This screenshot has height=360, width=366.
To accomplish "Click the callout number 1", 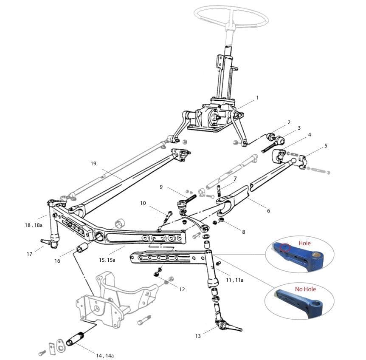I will (x=257, y=98).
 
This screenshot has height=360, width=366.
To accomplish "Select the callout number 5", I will (x=326, y=146).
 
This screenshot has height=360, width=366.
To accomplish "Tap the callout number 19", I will (x=93, y=163).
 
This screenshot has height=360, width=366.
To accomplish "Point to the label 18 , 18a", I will (x=34, y=225).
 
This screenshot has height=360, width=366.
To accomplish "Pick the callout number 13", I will (x=198, y=336).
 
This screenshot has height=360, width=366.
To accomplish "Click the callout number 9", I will (x=161, y=187).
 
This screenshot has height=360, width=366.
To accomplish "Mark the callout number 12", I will (x=182, y=289).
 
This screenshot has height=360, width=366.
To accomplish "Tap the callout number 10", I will (x=143, y=203).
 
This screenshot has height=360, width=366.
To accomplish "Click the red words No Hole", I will (x=306, y=289).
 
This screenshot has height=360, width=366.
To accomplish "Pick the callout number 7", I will (x=235, y=179).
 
